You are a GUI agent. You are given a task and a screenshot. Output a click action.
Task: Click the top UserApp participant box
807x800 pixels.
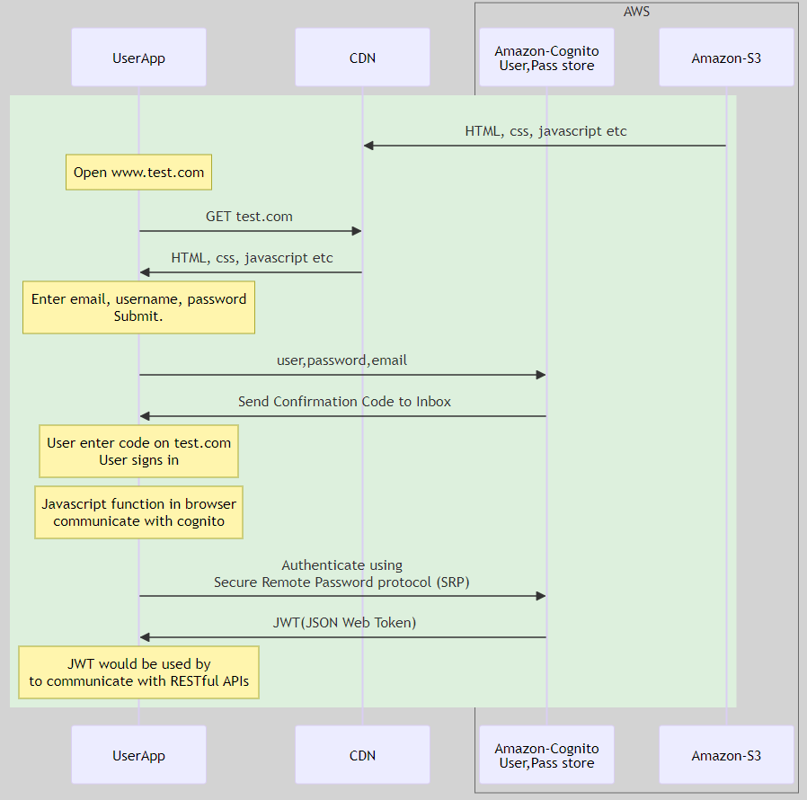(x=138, y=58)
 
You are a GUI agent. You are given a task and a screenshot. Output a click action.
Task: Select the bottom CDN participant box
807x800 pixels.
(x=362, y=755)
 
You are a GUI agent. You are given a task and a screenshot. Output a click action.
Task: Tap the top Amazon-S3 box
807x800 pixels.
(x=726, y=58)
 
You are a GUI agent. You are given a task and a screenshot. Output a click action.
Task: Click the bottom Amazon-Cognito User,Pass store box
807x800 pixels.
(x=546, y=755)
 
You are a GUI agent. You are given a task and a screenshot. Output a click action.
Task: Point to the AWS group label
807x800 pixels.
(x=636, y=12)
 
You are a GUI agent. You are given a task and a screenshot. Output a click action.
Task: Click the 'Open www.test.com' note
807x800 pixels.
(x=138, y=172)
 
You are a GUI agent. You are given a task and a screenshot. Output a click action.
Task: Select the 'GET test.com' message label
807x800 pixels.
(x=249, y=217)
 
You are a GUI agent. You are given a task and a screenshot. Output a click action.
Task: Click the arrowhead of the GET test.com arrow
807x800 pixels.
(x=356, y=232)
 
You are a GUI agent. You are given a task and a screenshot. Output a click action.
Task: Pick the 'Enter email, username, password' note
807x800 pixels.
(x=138, y=307)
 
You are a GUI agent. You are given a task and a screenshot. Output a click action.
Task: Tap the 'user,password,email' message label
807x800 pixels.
(x=341, y=360)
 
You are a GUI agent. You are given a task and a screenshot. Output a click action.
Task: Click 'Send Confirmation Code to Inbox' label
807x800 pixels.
(x=344, y=402)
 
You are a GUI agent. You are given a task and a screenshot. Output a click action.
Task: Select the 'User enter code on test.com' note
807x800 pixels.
(x=138, y=451)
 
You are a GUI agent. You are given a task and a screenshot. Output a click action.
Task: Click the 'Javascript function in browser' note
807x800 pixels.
(x=138, y=512)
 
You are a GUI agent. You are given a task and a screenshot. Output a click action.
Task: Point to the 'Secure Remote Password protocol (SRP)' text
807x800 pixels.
(x=341, y=582)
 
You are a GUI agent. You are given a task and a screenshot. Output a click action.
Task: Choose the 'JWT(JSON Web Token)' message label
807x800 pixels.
(x=344, y=622)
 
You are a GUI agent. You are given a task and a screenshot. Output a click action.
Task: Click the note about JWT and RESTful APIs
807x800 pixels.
(x=138, y=672)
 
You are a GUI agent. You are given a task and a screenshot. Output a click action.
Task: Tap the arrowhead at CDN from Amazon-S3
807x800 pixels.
(x=368, y=146)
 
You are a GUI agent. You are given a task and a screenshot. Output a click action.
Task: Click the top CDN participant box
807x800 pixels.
(x=362, y=58)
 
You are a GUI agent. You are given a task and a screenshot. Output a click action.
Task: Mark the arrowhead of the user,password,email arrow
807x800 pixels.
(x=540, y=375)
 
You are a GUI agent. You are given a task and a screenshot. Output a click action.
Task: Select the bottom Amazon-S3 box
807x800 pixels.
(x=726, y=755)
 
